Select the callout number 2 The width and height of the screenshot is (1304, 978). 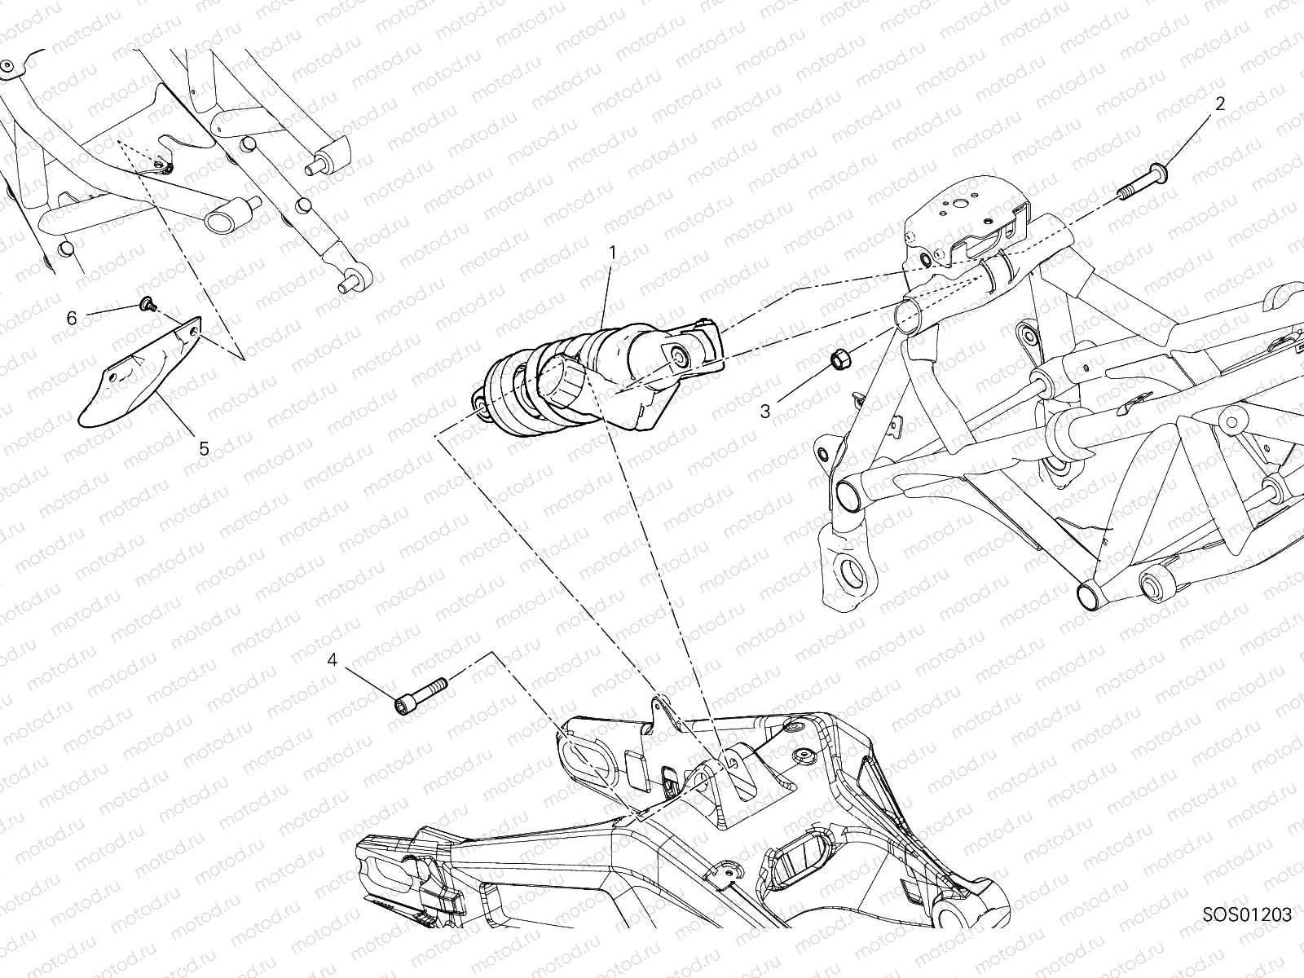click(1220, 104)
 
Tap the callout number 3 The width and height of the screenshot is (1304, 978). click(764, 412)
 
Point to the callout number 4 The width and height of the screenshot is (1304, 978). click(332, 660)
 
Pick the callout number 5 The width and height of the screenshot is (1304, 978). click(204, 448)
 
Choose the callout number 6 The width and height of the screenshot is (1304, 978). click(72, 318)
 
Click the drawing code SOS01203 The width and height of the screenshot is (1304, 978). click(1247, 914)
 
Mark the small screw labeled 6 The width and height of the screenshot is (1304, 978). click(148, 304)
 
